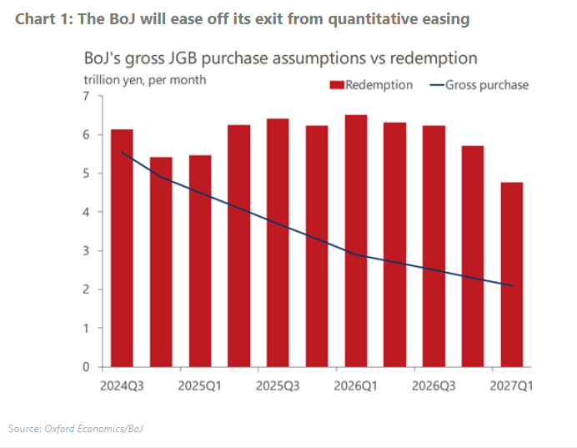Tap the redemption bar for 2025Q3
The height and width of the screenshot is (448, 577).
tap(278, 242)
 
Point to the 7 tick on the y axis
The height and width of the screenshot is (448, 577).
tap(86, 96)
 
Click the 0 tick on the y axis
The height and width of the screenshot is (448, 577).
tap(86, 367)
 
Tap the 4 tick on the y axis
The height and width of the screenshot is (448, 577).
tap(86, 212)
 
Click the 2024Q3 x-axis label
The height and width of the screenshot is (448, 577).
tap(122, 386)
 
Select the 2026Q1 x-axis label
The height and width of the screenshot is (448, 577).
tap(355, 386)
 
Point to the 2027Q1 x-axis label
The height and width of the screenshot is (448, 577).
tap(511, 386)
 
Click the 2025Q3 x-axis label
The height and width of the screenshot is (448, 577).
tap(278, 386)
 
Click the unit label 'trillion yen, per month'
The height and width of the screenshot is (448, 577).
tap(144, 80)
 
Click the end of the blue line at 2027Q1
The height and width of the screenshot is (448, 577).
tap(511, 285)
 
